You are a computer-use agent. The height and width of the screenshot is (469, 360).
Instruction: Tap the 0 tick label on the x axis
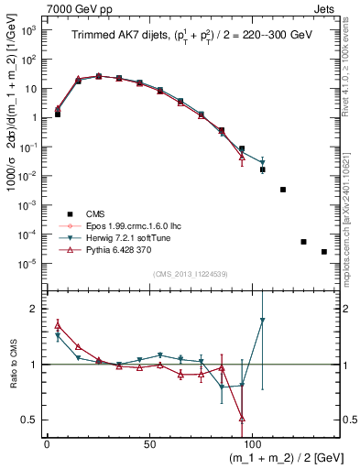pos(47,442)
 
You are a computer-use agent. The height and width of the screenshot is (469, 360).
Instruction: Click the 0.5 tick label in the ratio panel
pos(28,420)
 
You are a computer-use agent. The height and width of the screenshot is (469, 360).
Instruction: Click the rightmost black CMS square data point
pos(324,252)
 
